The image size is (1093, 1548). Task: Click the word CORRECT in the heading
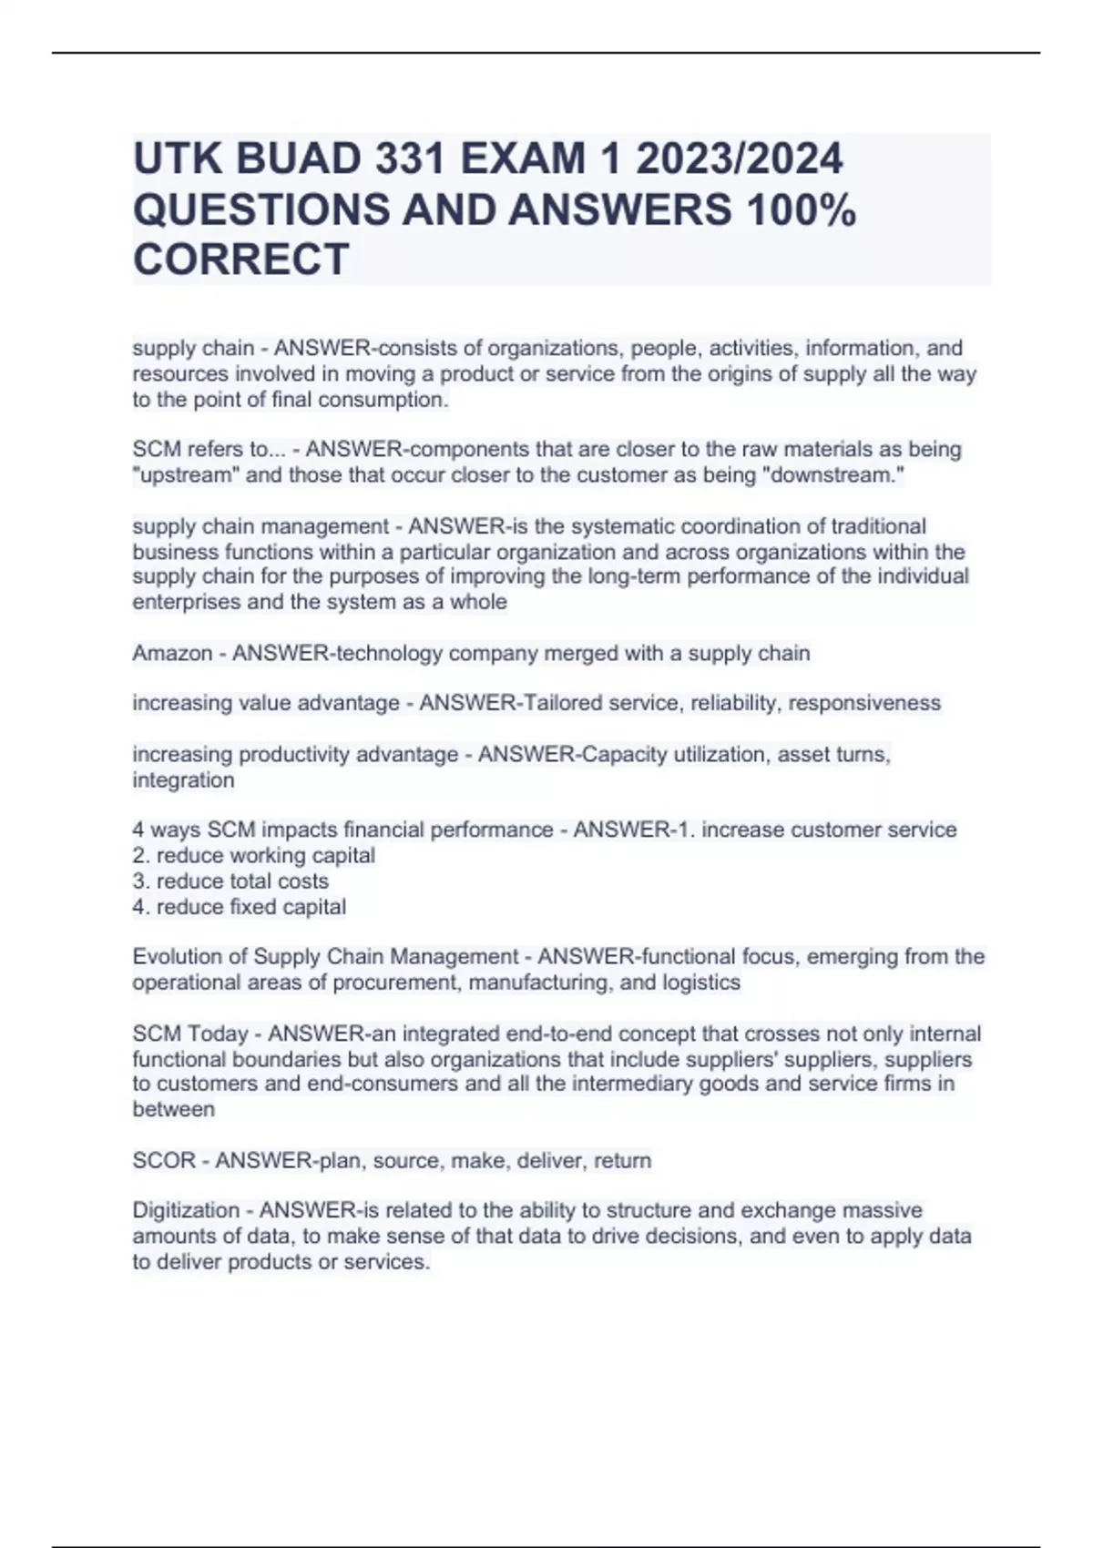[x=240, y=260]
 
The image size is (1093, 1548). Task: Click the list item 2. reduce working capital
[x=254, y=856]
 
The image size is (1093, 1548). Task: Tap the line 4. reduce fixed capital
[x=240, y=907]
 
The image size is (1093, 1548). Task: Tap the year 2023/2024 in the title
[x=739, y=160]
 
